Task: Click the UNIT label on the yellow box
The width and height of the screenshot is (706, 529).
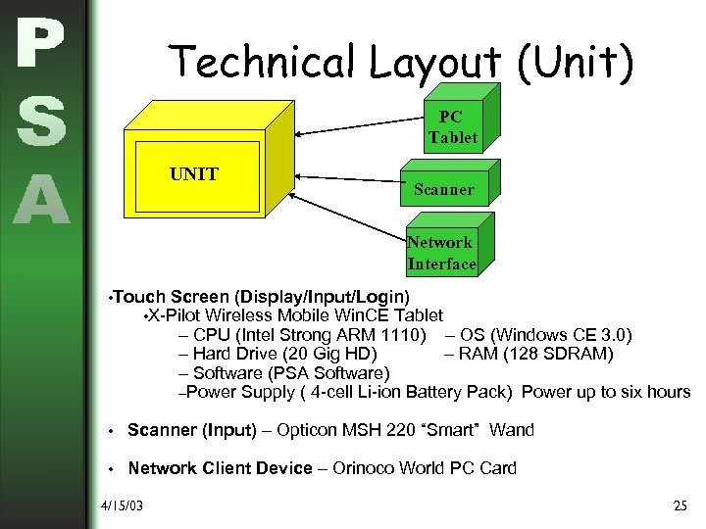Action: (194, 174)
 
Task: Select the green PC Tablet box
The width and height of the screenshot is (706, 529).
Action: (452, 127)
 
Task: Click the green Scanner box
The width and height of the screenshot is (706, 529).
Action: (443, 189)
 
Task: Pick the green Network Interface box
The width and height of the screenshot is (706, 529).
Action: (441, 253)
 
